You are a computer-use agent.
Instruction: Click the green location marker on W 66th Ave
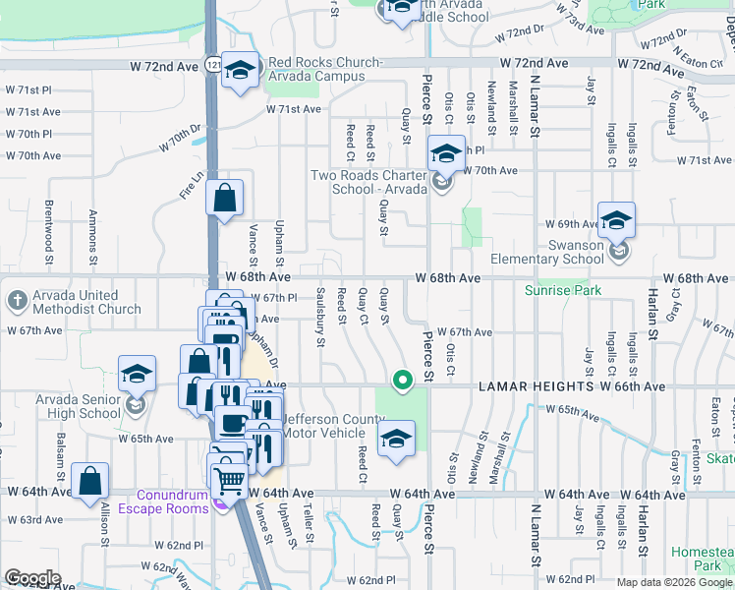coord(401,379)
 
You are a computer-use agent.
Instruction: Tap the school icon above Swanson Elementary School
coord(616,220)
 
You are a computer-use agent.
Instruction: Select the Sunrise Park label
coord(561,291)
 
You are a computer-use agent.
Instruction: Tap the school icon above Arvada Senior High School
coord(138,374)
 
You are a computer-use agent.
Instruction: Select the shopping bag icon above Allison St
coord(89,481)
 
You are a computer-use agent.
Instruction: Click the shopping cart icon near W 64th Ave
coord(230,480)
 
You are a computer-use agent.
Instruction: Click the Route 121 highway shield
coord(211,63)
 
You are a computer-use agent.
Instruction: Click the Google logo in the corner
coord(32,578)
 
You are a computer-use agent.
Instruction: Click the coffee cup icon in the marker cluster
coord(232,423)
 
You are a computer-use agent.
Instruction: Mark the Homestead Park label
coord(707,559)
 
